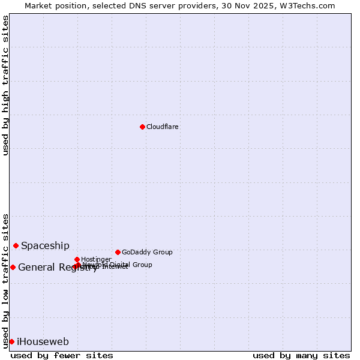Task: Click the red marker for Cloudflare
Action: click(142, 127)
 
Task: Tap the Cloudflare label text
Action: click(163, 127)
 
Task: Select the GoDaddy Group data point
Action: click(118, 252)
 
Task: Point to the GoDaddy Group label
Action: click(147, 252)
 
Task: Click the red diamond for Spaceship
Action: click(16, 245)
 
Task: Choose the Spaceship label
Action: click(45, 245)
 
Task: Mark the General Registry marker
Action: click(13, 267)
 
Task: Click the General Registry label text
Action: click(58, 268)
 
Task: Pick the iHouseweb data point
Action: click(11, 341)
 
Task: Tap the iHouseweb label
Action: click(43, 342)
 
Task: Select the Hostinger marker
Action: click(77, 259)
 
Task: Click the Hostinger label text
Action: click(96, 259)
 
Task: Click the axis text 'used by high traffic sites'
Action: click(6, 85)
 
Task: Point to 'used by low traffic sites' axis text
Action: click(6, 280)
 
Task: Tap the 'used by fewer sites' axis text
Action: click(62, 355)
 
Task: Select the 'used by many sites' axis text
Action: click(301, 355)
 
